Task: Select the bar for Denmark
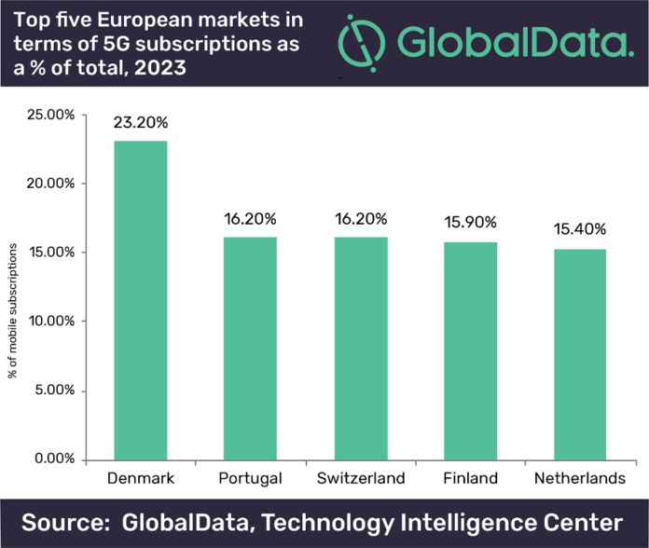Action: pyautogui.click(x=140, y=300)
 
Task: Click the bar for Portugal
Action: pyautogui.click(x=249, y=348)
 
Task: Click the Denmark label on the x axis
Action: pyautogui.click(x=140, y=479)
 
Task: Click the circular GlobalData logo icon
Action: pyautogui.click(x=361, y=41)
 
